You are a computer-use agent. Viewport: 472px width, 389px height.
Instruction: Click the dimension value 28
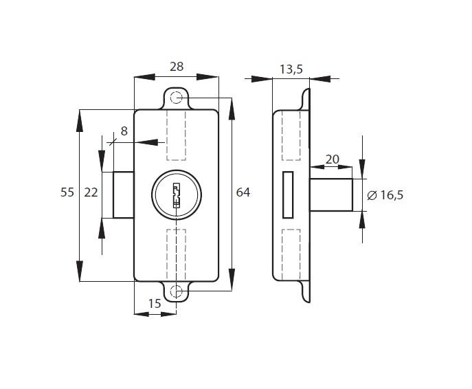click(176, 67)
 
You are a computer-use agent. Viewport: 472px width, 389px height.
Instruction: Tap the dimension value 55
click(67, 193)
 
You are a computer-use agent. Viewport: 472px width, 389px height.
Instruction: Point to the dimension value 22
click(91, 193)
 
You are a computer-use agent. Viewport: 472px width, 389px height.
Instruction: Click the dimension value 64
click(243, 192)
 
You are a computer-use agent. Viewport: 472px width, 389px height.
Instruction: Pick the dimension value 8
click(124, 131)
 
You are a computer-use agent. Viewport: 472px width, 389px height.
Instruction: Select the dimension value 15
click(155, 303)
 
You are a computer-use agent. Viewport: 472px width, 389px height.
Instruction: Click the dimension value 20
click(332, 159)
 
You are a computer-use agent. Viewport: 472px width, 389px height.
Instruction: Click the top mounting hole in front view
click(177, 98)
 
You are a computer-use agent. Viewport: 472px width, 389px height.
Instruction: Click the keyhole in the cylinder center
click(176, 194)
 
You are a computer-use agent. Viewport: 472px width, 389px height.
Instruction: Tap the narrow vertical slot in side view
click(287, 194)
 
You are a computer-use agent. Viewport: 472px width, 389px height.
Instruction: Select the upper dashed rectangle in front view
click(177, 134)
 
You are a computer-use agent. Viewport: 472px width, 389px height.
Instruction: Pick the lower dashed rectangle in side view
click(292, 252)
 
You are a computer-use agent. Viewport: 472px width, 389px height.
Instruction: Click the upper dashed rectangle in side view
click(292, 135)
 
